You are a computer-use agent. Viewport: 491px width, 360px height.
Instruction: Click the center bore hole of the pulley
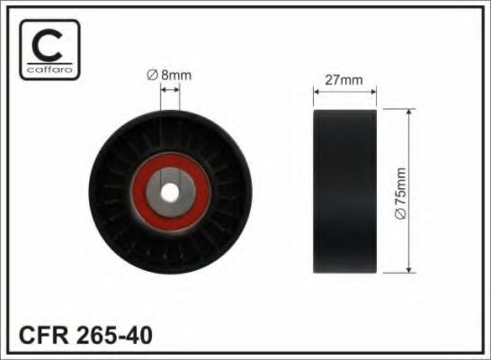[x=170, y=191]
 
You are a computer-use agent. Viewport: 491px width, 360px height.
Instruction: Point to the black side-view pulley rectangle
[x=345, y=191]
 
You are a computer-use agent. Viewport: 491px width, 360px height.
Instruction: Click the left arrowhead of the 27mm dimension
[x=316, y=91]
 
